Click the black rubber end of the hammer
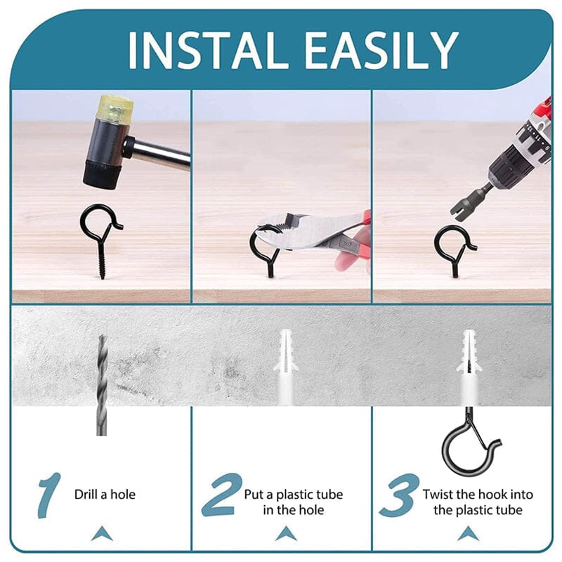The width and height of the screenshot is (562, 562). tap(100, 173)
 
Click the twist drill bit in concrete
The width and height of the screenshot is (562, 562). tap(102, 383)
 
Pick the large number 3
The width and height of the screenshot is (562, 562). tap(400, 495)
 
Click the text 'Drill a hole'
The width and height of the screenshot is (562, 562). tap(105, 495)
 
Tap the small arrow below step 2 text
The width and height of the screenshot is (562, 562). tap(285, 534)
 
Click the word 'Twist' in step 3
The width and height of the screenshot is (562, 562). tap(440, 495)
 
